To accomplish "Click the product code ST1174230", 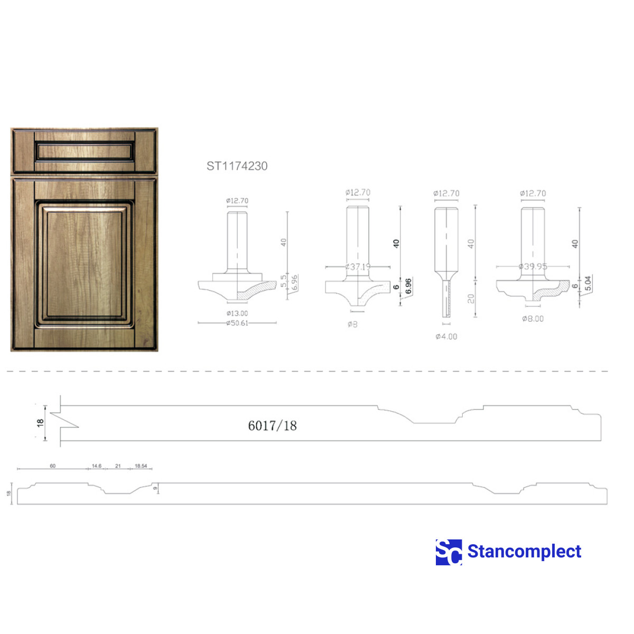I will [x=237, y=166].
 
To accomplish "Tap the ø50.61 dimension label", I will [x=237, y=323].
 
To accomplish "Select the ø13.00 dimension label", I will [x=237, y=313].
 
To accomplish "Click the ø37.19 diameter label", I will [x=358, y=267].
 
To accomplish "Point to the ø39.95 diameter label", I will [x=533, y=266].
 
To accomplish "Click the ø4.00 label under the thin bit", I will [x=446, y=337].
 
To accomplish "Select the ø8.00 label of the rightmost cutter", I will [x=533, y=319].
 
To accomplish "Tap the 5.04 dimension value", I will [x=588, y=284].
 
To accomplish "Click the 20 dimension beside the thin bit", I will [x=471, y=299].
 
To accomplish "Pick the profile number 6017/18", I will [x=272, y=426].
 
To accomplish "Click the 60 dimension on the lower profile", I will [x=53, y=466].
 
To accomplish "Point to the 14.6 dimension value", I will [x=97, y=466].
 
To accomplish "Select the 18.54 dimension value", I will [x=141, y=466].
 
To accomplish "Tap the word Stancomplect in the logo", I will [x=524, y=552].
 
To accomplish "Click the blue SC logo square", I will [x=449, y=552].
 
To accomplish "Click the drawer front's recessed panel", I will [x=85, y=151].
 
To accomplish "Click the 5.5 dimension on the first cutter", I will [x=284, y=281].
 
